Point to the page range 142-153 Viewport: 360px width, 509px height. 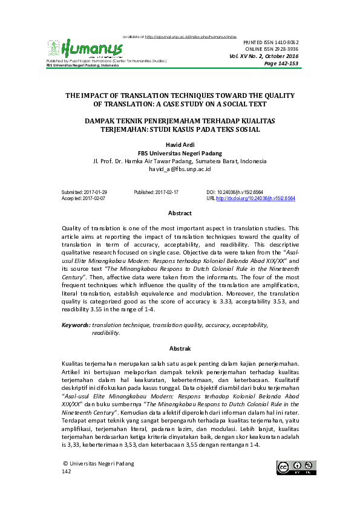click(287, 63)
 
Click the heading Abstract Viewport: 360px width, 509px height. click(180, 213)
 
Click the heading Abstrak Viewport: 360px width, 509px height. click(180, 349)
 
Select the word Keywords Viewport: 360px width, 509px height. click(76, 325)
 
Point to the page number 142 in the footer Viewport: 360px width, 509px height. click(67, 471)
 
